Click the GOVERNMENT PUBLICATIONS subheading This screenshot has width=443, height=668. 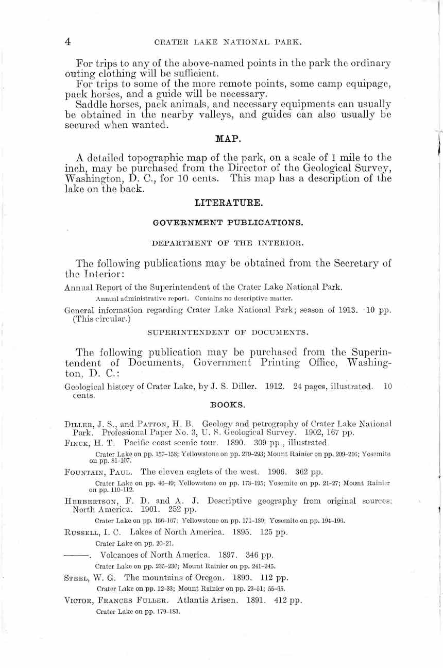point(228,223)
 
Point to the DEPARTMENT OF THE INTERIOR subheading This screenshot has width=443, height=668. point(228,242)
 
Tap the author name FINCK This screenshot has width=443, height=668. point(78,443)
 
